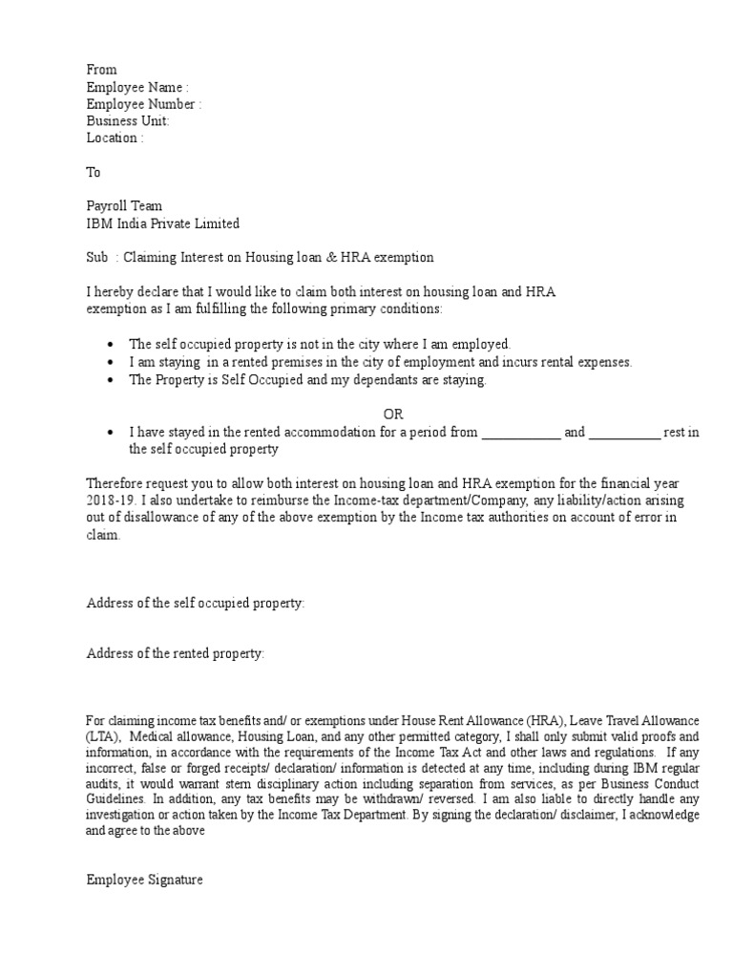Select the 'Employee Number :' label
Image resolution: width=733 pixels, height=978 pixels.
pyautogui.click(x=143, y=104)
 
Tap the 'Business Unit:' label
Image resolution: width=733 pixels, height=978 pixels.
pyautogui.click(x=128, y=121)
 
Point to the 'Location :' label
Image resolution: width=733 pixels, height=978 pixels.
pyautogui.click(x=115, y=138)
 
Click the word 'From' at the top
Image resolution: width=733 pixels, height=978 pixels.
pyautogui.click(x=101, y=70)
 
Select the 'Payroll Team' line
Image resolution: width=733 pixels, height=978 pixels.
pyautogui.click(x=124, y=206)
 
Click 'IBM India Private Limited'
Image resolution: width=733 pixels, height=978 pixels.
pyautogui.click(x=162, y=223)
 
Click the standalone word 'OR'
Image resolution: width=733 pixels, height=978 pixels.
pyautogui.click(x=394, y=415)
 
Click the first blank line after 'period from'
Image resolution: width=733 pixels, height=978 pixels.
pyautogui.click(x=521, y=433)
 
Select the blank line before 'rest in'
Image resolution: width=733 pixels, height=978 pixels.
pyautogui.click(x=624, y=433)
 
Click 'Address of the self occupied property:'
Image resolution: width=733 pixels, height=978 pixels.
pyautogui.click(x=196, y=604)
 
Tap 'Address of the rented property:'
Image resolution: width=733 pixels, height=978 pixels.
pyautogui.click(x=176, y=654)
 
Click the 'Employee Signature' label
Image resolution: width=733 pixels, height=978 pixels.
pyautogui.click(x=144, y=881)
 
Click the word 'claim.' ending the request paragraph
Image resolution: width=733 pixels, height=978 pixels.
pyautogui.click(x=104, y=536)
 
